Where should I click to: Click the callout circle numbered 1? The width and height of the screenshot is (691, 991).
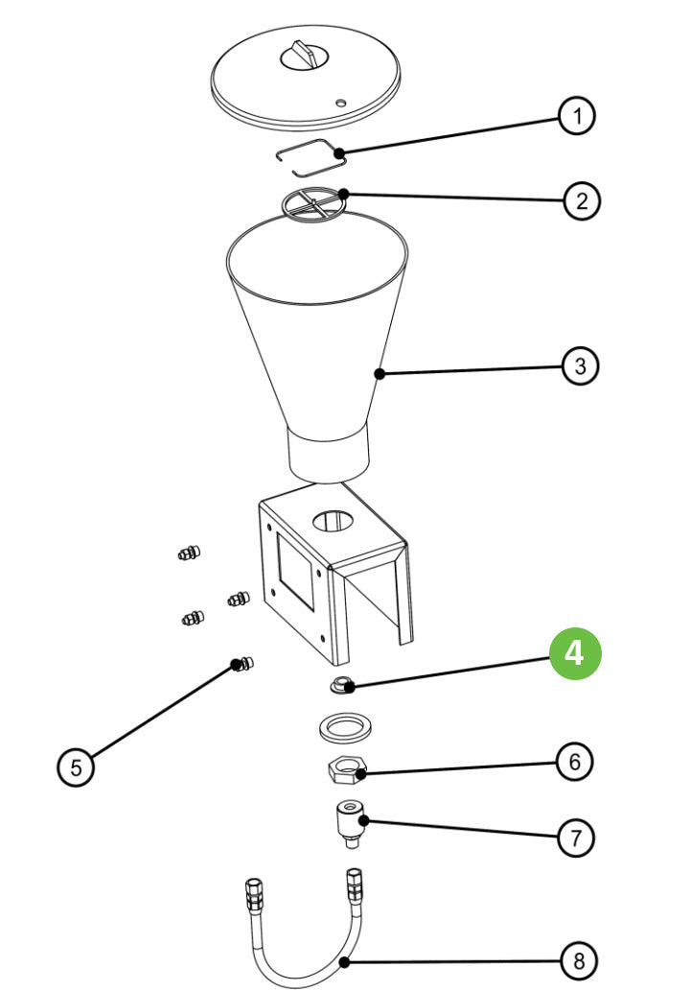(x=576, y=117)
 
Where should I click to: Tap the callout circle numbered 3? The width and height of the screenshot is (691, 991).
(x=580, y=366)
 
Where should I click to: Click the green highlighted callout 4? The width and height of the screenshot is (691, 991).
(x=574, y=653)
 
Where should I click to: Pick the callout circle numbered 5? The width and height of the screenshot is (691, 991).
(x=76, y=767)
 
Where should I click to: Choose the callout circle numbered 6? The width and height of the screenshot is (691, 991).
(x=574, y=762)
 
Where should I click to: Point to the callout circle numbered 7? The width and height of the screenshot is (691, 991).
(x=575, y=838)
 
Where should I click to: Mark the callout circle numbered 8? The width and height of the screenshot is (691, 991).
(x=577, y=959)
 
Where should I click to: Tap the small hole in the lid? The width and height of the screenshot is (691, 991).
(x=341, y=101)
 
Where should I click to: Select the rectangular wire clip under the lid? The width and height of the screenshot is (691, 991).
(x=307, y=156)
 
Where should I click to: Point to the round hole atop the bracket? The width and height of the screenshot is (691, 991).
(x=332, y=520)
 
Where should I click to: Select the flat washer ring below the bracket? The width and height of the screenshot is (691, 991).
(x=345, y=726)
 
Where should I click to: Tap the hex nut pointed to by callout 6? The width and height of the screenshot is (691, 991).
(x=346, y=768)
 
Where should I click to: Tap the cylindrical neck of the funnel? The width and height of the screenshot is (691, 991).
(x=329, y=454)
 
